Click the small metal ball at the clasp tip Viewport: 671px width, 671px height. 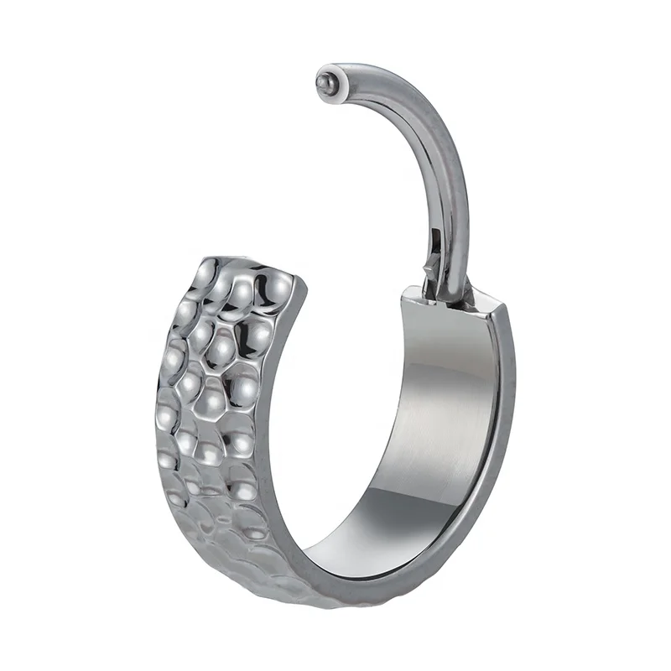tap(324, 82)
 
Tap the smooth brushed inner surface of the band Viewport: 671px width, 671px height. tap(436, 419)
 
